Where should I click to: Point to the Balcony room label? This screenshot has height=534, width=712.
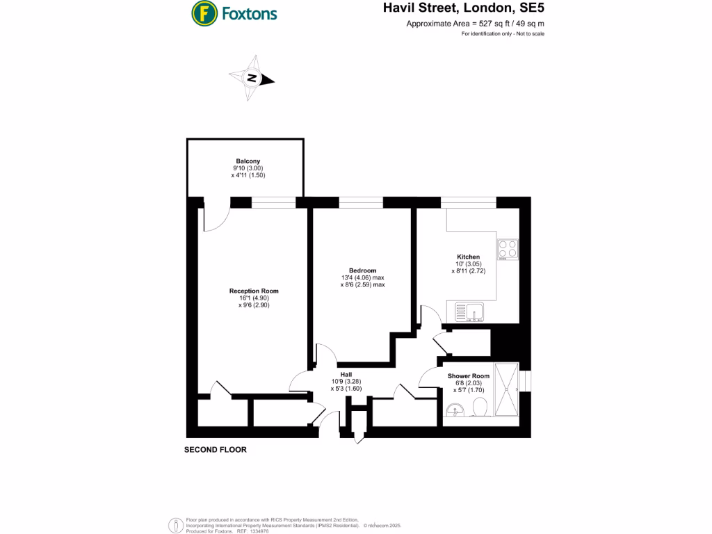pos(248,161)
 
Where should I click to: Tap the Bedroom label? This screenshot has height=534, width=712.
pos(362,270)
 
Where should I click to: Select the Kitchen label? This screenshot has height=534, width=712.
pos(468,257)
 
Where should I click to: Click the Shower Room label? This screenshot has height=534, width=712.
pos(468,376)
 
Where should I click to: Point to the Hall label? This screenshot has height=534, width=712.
pos(346,374)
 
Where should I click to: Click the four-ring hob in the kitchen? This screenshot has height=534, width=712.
pos(508,249)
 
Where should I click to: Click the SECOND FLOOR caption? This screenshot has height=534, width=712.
pos(215,450)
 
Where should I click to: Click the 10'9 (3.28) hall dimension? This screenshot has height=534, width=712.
pos(346,381)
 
